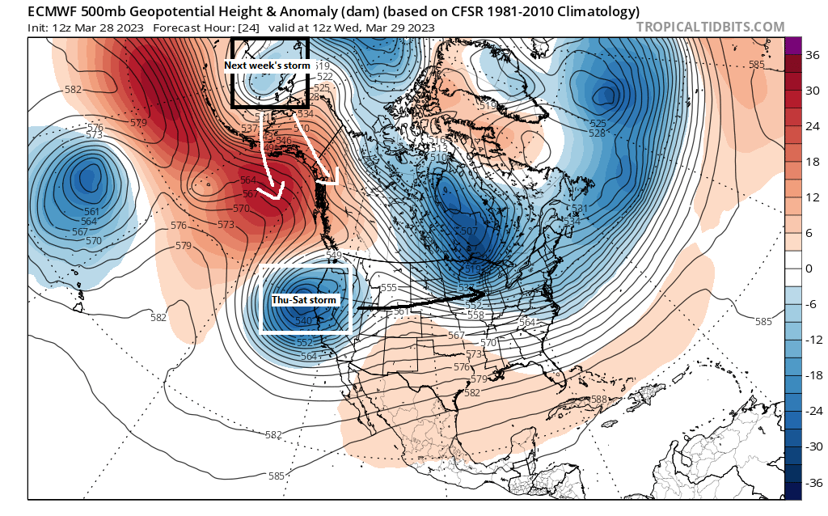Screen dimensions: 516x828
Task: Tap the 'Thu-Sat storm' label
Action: [303, 300]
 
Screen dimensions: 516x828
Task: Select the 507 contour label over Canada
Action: [467, 231]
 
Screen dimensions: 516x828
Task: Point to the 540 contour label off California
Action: [304, 321]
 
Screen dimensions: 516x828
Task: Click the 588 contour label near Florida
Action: [598, 399]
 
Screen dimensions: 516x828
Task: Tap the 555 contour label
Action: [388, 288]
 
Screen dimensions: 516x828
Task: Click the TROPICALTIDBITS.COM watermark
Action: [710, 27]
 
